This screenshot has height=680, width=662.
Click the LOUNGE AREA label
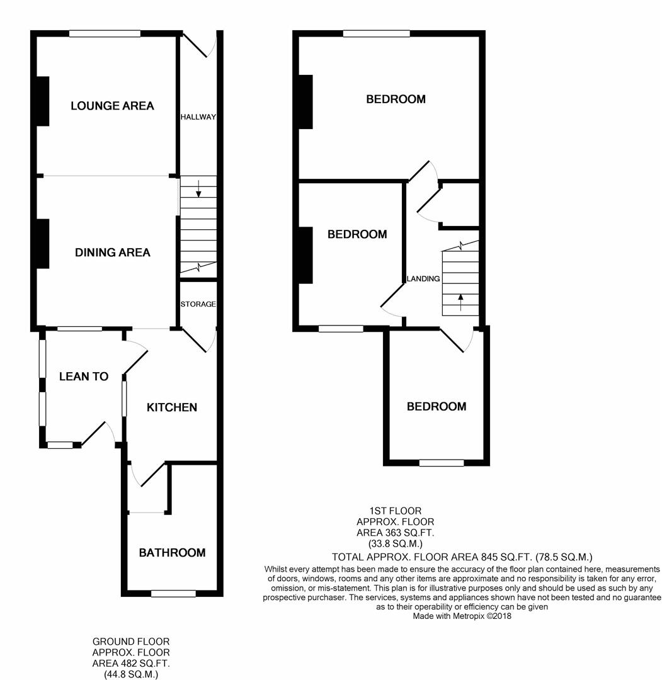point(112,106)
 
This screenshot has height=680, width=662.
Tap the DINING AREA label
point(113,252)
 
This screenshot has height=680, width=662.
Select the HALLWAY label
point(198,117)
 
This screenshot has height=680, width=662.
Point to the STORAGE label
point(198,304)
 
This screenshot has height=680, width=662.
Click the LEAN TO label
point(84,377)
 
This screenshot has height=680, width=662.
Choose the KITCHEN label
point(172,407)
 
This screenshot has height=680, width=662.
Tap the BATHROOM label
point(172,553)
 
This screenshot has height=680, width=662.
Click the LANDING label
point(423,279)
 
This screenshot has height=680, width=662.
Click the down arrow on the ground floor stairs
point(198,188)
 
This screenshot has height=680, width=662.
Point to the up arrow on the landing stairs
point(460,303)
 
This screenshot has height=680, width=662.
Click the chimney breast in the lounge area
point(43,101)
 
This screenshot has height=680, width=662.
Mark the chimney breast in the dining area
point(43,244)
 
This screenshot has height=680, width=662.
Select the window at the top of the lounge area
point(105,33)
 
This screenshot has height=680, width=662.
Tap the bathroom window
point(173,593)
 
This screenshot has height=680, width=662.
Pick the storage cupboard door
point(198,340)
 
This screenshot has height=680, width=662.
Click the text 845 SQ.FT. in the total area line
point(507,557)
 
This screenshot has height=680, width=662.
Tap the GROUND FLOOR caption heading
point(131,642)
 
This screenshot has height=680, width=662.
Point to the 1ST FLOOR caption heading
point(395,511)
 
